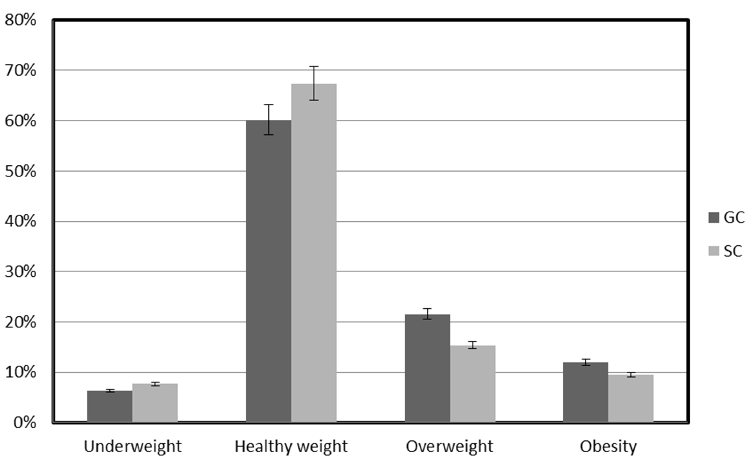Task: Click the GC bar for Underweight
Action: pyautogui.click(x=110, y=406)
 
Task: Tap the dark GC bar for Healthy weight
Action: pyautogui.click(x=269, y=271)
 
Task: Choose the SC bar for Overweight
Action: pyautogui.click(x=472, y=384)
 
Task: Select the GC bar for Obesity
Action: pyautogui.click(x=585, y=392)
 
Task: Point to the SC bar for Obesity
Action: pyautogui.click(x=631, y=398)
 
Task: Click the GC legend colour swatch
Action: pyautogui.click(x=714, y=218)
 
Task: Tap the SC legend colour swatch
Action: pyautogui.click(x=714, y=251)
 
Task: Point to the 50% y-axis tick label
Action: pyautogui.click(x=20, y=172)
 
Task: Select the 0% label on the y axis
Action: pyautogui.click(x=24, y=423)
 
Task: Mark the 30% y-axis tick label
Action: pyautogui.click(x=20, y=272)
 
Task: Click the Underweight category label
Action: pyautogui.click(x=133, y=447)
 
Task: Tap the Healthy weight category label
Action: pyautogui.click(x=291, y=447)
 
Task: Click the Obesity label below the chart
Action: pyautogui.click(x=608, y=447)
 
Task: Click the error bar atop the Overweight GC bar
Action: pyautogui.click(x=428, y=314)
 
